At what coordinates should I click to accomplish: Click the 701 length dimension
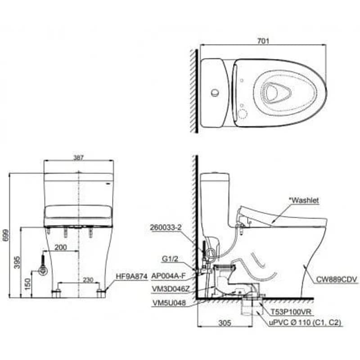tap(263, 41)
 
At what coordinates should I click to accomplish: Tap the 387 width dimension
tap(78, 158)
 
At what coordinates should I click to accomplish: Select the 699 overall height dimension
tap(6, 235)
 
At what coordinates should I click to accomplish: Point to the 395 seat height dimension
tap(18, 262)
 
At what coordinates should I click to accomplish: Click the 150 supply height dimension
tap(27, 284)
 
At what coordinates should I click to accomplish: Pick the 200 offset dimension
tap(61, 247)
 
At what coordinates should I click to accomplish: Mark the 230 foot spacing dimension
tap(88, 279)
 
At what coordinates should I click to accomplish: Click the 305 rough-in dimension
tap(225, 323)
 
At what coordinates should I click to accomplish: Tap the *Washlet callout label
tap(304, 200)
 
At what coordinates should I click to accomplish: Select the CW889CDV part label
tap(337, 279)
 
